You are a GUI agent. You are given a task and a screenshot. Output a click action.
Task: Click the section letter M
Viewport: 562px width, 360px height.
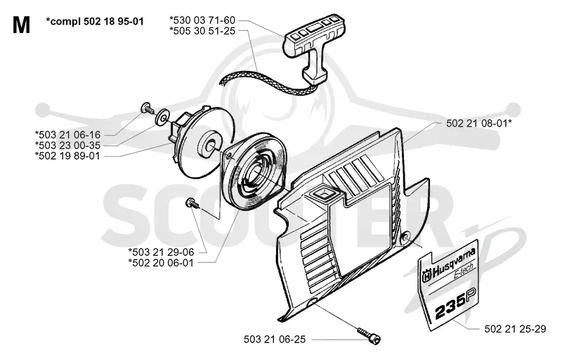pos(21,25)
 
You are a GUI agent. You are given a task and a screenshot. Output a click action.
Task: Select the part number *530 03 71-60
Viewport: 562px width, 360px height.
pos(202,20)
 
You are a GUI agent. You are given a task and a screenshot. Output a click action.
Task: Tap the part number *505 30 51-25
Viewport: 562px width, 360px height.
pos(202,31)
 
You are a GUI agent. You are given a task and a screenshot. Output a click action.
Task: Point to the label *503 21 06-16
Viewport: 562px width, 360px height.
pos(67,135)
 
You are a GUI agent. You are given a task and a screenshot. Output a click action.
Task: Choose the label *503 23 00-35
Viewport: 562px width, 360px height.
pos(67,146)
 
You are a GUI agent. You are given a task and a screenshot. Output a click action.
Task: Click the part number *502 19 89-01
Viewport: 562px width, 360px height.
pos(67,156)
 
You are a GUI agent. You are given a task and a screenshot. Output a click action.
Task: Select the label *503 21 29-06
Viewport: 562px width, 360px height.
pos(162,252)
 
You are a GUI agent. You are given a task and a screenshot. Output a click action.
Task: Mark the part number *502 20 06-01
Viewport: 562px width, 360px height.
pos(162,263)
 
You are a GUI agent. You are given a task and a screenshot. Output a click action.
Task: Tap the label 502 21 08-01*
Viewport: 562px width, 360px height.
pos(479,123)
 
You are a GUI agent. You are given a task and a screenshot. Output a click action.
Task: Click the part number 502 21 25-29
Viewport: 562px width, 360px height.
pos(515,329)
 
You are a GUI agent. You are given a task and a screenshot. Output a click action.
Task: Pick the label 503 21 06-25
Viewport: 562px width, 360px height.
pos(275,340)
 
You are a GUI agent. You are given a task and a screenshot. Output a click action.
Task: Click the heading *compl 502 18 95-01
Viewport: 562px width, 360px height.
pos(95,22)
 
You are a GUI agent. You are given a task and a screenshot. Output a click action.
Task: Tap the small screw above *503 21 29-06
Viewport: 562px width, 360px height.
pos(192,203)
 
